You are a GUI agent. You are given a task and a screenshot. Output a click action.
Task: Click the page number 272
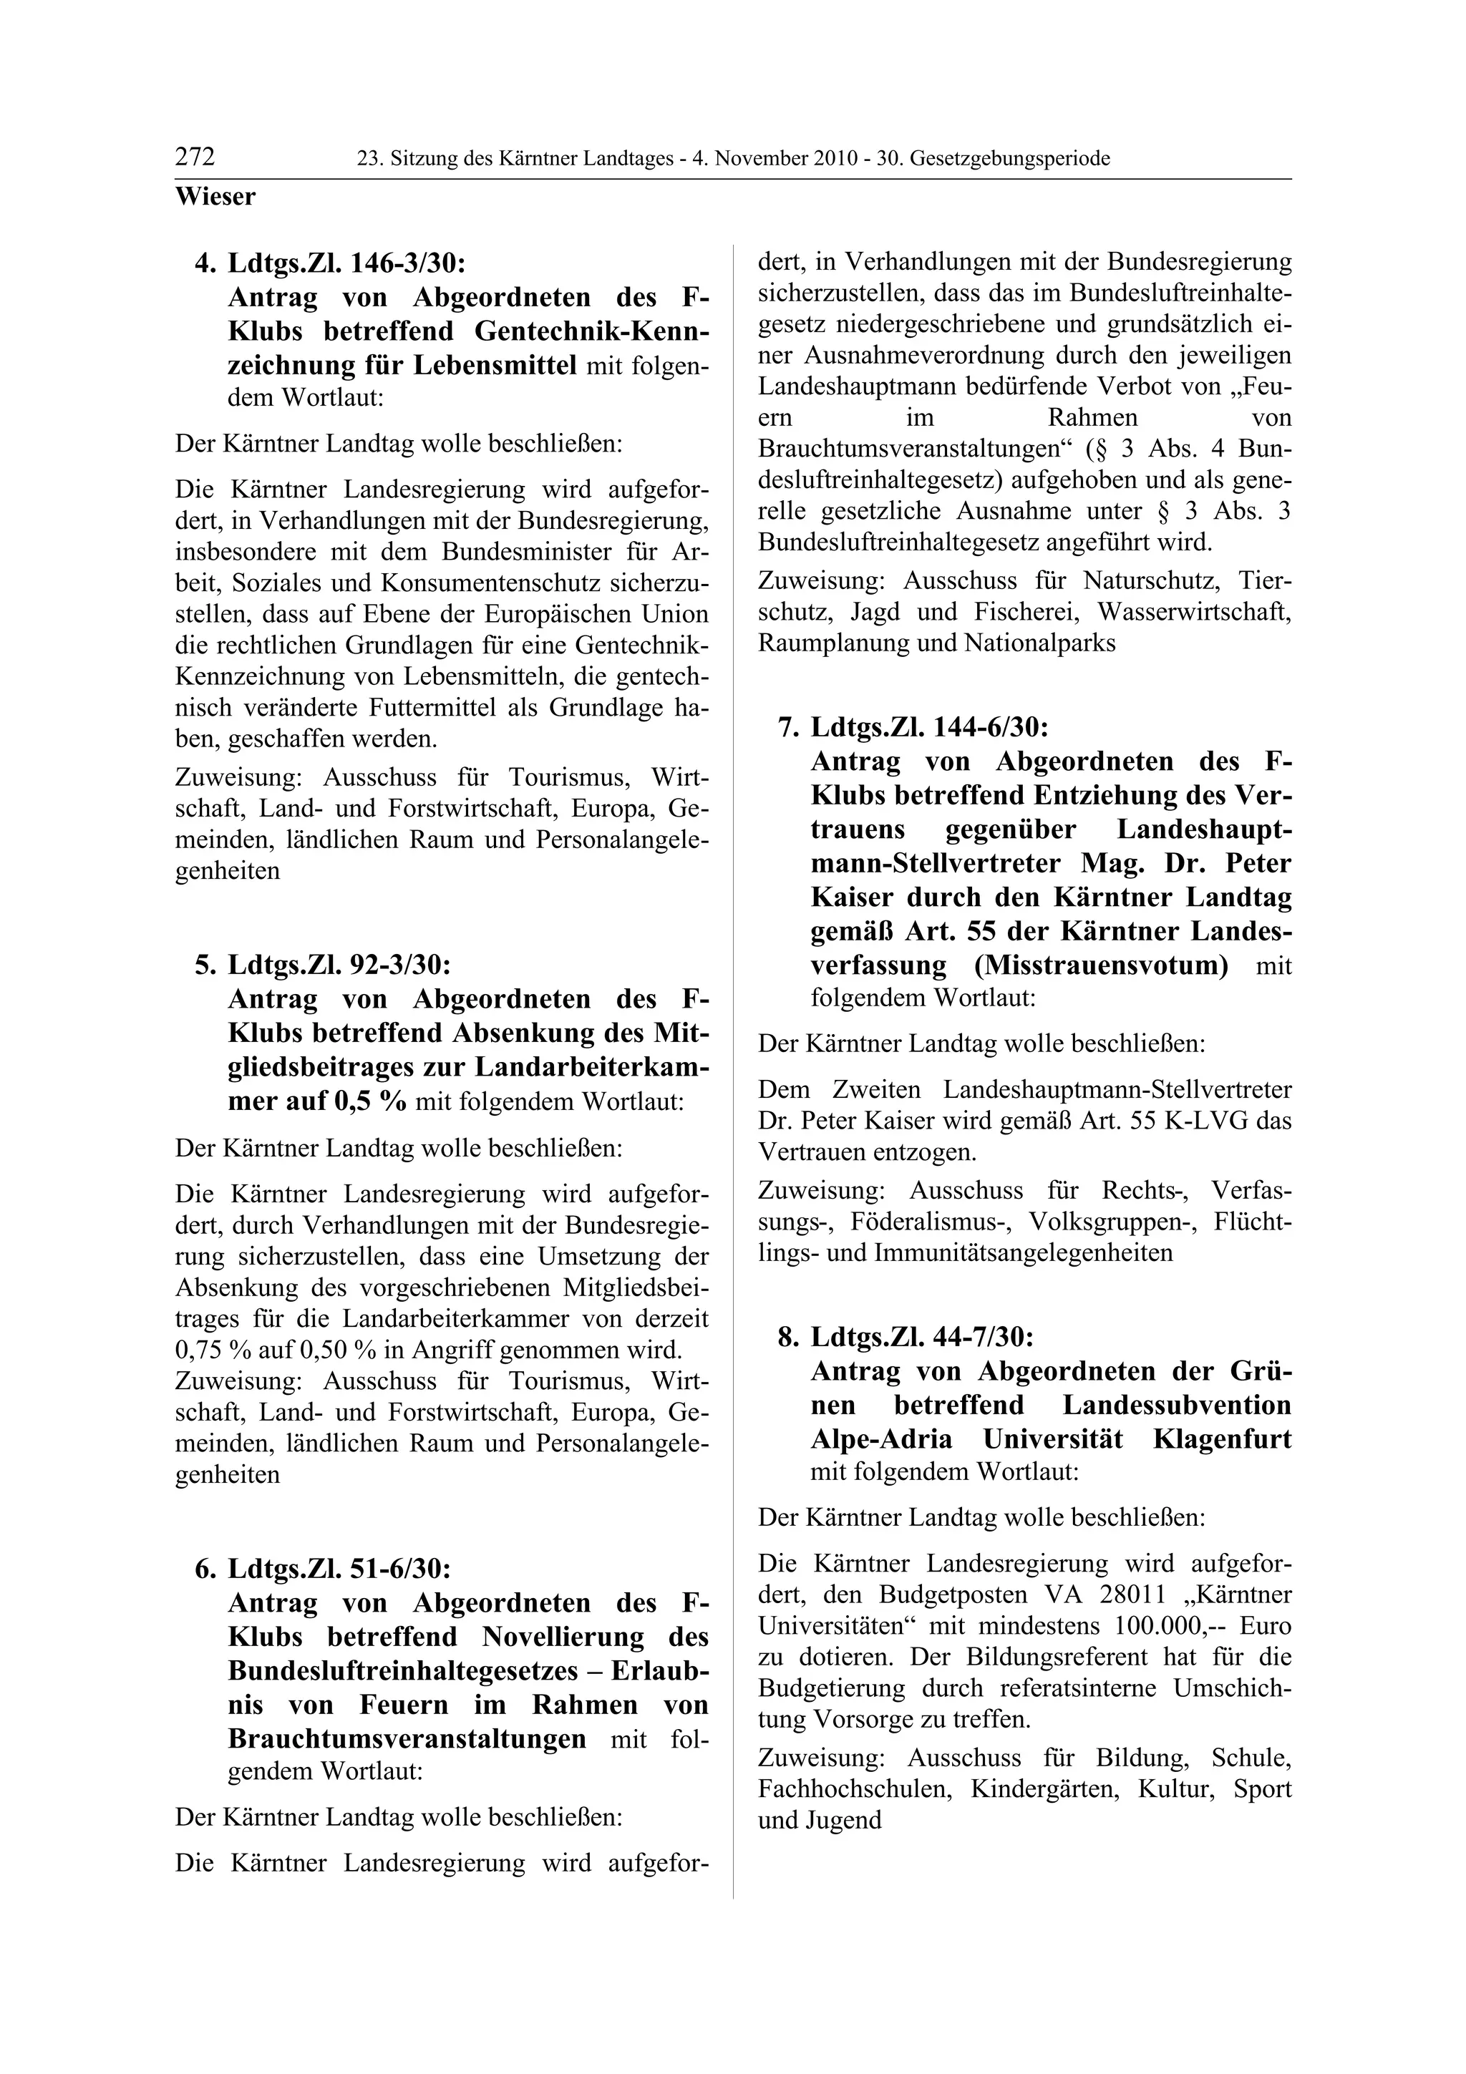point(195,158)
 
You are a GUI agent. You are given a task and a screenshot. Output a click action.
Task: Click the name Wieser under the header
point(215,196)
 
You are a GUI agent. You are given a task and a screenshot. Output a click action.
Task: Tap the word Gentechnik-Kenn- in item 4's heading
point(591,331)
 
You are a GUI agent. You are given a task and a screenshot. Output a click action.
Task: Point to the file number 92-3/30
point(398,965)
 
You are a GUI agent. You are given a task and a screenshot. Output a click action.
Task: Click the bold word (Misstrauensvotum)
point(1101,965)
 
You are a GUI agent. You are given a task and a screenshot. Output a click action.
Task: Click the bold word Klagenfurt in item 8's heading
point(1221,1439)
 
